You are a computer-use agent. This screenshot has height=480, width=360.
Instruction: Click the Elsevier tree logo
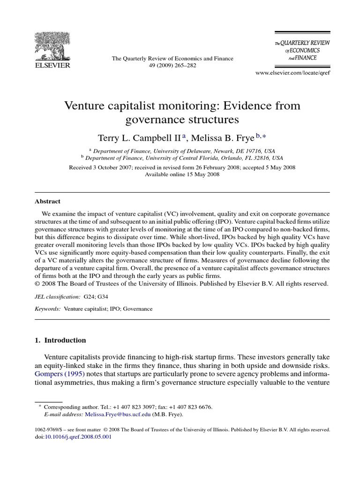(x=52, y=46)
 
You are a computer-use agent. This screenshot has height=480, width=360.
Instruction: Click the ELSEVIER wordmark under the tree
(x=52, y=66)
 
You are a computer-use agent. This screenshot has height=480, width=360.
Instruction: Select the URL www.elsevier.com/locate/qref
(x=292, y=74)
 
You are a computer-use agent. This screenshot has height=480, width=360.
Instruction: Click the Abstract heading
(x=47, y=201)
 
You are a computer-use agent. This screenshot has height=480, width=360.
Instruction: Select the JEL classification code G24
(x=88, y=297)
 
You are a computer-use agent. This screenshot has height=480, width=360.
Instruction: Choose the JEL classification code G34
(x=102, y=297)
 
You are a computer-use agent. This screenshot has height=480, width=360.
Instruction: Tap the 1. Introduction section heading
(x=60, y=340)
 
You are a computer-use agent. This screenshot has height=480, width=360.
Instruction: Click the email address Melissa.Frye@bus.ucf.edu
(x=117, y=414)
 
